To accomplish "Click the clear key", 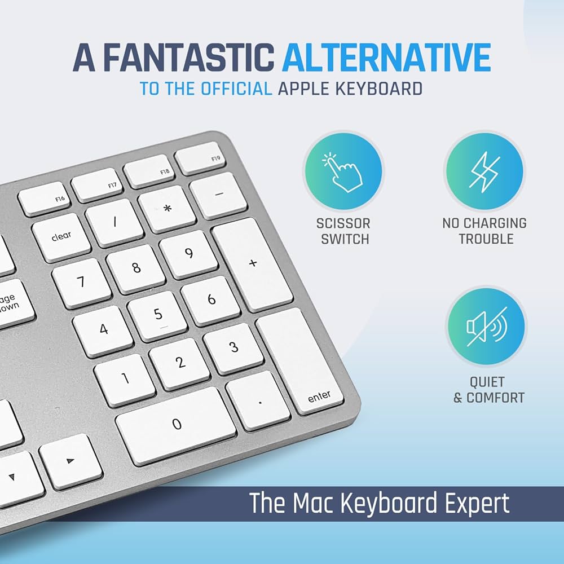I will [x=61, y=237].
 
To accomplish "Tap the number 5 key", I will [x=157, y=315].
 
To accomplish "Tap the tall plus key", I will [x=252, y=263].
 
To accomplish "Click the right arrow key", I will [x=70, y=461].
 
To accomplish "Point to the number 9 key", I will [x=188, y=254].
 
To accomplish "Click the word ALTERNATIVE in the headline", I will [x=386, y=58].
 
